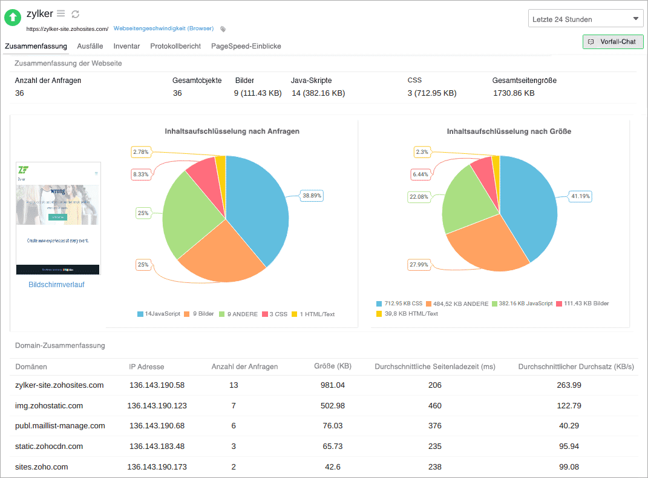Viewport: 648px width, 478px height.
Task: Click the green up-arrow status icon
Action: pyautogui.click(x=13, y=18)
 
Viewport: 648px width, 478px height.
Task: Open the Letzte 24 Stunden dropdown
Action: pyautogui.click(x=586, y=19)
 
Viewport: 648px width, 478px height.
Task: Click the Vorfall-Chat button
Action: pyautogui.click(x=612, y=42)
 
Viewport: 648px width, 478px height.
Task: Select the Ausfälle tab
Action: pyautogui.click(x=90, y=46)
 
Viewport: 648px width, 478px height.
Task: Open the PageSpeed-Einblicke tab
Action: pyautogui.click(x=246, y=46)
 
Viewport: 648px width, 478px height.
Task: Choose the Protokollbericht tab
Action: pyautogui.click(x=175, y=46)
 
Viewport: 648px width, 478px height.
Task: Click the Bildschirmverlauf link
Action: pyautogui.click(x=57, y=285)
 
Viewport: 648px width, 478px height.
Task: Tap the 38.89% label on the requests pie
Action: pyautogui.click(x=312, y=196)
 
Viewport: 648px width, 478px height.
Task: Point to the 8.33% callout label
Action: pyautogui.click(x=142, y=174)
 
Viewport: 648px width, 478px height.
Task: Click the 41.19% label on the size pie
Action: pyautogui.click(x=580, y=196)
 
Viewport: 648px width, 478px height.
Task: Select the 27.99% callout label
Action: pyautogui.click(x=419, y=265)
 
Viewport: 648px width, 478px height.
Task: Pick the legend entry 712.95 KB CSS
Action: pyautogui.click(x=399, y=304)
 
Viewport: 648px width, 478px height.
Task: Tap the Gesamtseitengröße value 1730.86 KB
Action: pyautogui.click(x=514, y=93)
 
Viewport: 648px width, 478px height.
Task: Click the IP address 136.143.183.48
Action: pyautogui.click(x=157, y=446)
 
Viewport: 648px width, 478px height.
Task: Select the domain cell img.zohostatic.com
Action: pyautogui.click(x=49, y=405)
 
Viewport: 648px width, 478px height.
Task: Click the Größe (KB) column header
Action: pyautogui.click(x=332, y=367)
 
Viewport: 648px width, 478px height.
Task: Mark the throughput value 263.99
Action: pyautogui.click(x=569, y=385)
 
